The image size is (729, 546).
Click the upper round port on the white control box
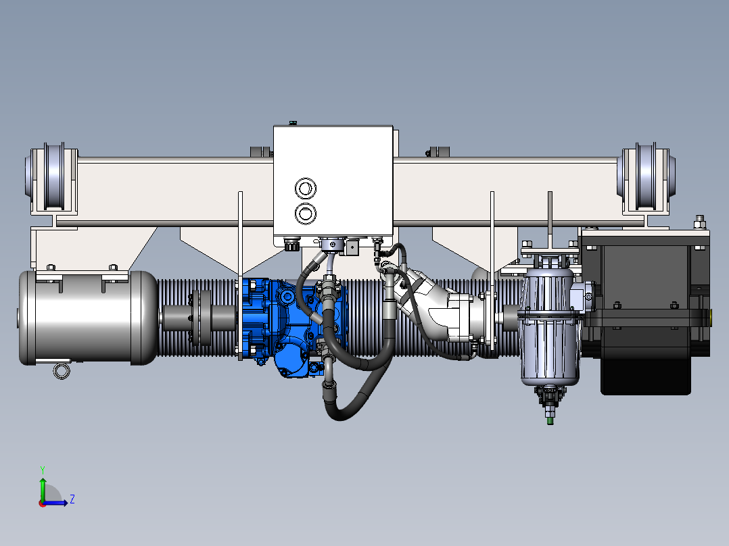tap(306, 189)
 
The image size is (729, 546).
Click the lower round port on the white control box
tap(306, 214)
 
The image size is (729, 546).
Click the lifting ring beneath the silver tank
tap(62, 371)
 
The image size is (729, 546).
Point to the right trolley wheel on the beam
tap(646, 177)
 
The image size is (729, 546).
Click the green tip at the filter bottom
tap(550, 420)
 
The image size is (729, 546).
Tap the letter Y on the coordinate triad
tap(43, 470)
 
